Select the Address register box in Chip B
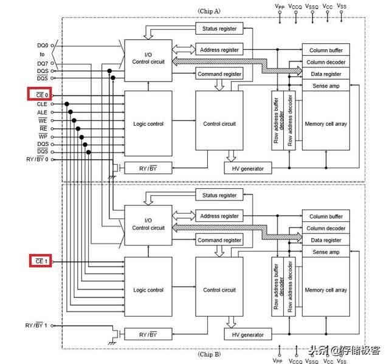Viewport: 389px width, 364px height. [219, 216]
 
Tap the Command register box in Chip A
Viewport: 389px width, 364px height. [219, 74]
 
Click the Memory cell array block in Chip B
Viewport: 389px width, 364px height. [326, 290]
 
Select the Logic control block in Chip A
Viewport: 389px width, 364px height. [148, 124]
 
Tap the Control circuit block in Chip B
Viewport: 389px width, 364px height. [219, 290]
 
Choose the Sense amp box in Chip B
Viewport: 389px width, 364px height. [326, 252]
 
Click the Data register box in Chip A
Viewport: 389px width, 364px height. [326, 74]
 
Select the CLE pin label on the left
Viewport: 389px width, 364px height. [42, 104]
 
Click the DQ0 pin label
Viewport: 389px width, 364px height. [43, 45]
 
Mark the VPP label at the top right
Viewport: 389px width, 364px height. [279, 5]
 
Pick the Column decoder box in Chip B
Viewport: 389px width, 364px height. [326, 228]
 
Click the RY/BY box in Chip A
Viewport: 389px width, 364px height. [148, 168]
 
